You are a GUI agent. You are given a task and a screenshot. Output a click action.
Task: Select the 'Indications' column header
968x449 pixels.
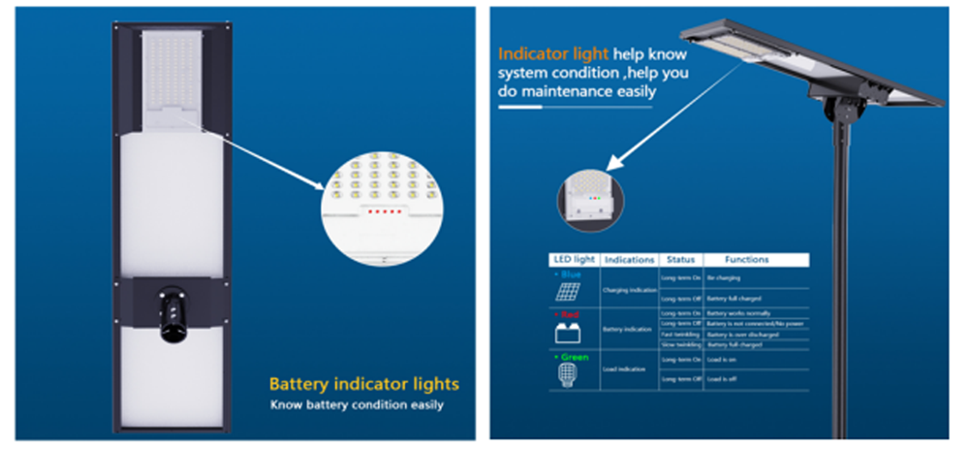[628, 260]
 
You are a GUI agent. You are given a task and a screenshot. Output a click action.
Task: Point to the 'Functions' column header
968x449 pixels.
[746, 260]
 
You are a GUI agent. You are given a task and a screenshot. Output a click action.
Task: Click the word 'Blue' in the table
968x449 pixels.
[574, 274]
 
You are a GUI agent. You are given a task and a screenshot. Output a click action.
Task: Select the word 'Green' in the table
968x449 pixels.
[573, 357]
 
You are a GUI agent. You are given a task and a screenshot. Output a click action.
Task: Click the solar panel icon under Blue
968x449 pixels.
[568, 292]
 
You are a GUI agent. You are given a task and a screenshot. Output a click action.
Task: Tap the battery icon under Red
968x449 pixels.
[568, 333]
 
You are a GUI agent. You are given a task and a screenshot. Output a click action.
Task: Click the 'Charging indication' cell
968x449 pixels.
[629, 289]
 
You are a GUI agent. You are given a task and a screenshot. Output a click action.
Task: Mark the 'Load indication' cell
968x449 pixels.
[629, 369]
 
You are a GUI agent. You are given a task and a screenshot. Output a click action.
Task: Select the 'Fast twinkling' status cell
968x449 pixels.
[680, 334]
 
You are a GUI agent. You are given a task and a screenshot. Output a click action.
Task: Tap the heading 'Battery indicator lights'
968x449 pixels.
[364, 384]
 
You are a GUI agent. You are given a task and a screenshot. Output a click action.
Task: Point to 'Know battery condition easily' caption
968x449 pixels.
[357, 403]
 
